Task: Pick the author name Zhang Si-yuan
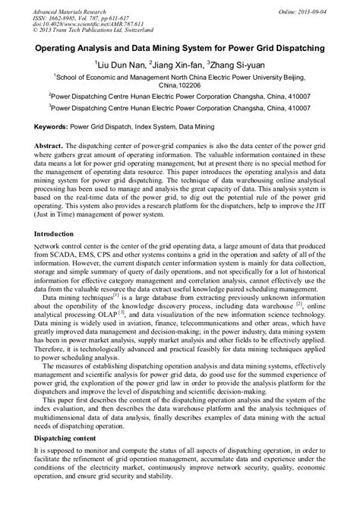(238, 66)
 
